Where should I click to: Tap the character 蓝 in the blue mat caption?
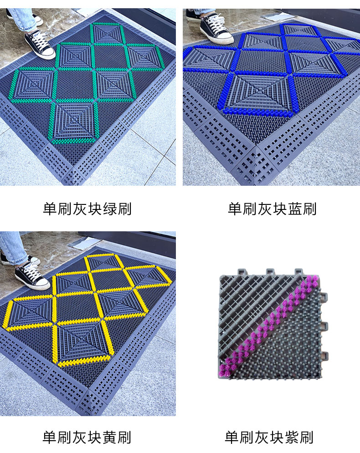coord(295,209)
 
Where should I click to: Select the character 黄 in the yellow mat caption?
coord(109,437)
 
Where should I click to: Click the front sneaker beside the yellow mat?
coord(32,276)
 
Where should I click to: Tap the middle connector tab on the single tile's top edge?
coord(270,272)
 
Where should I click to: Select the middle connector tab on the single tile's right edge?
coord(325,326)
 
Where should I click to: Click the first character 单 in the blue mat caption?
coord(235,209)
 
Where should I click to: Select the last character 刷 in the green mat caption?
coord(124,209)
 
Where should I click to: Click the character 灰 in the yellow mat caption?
coord(79,437)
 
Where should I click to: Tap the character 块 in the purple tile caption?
coord(277,437)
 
